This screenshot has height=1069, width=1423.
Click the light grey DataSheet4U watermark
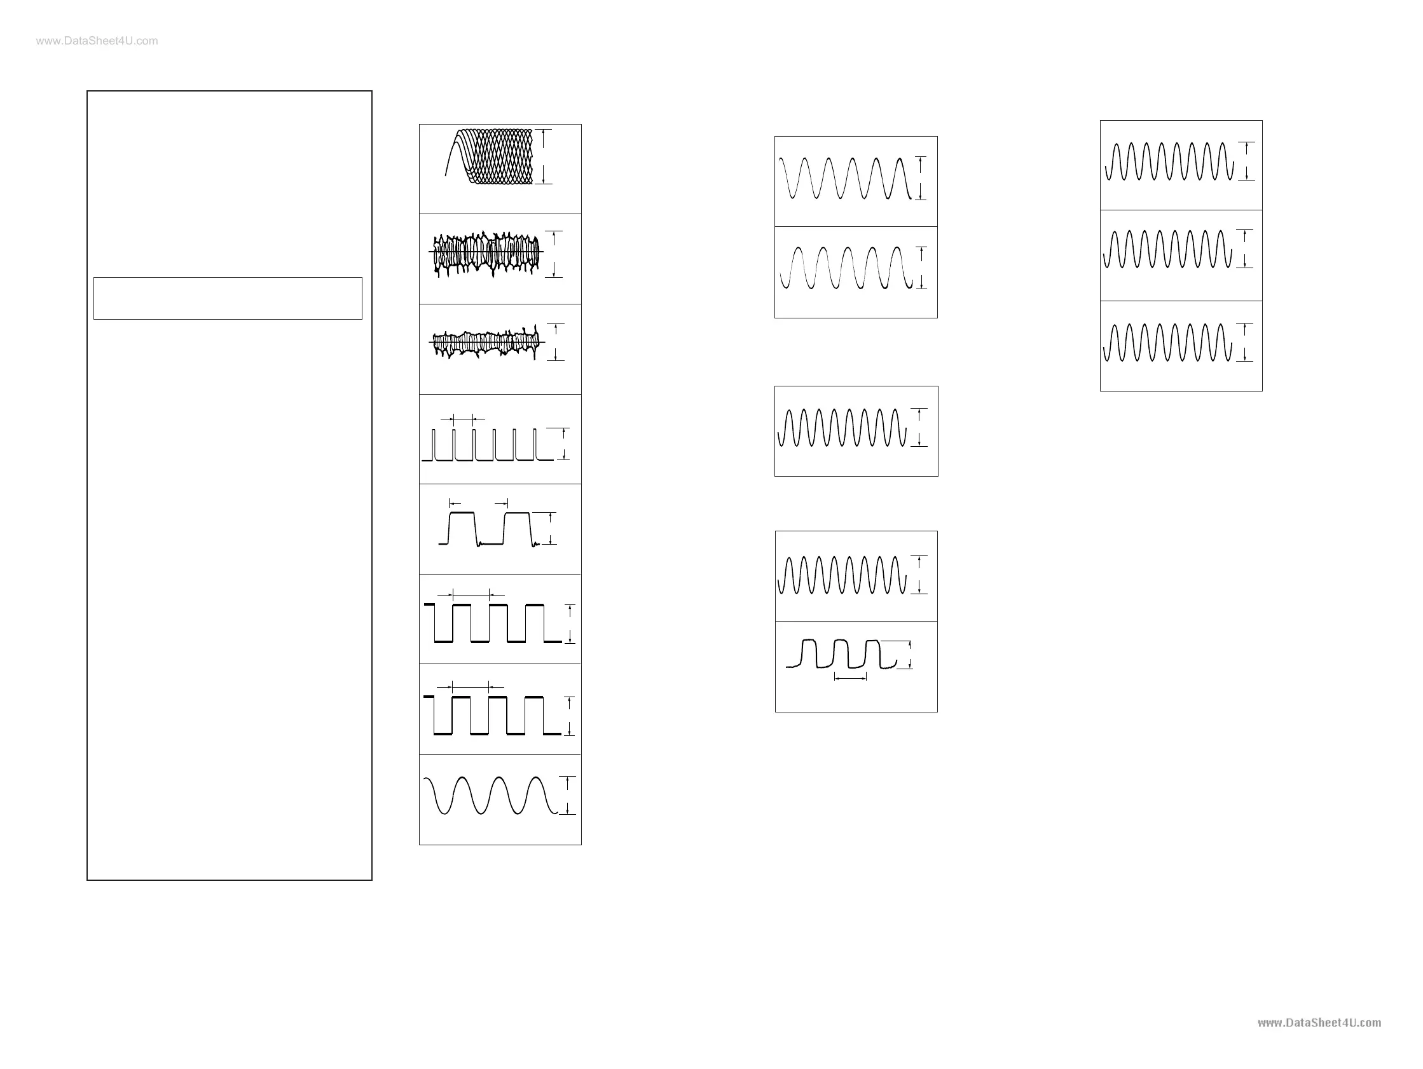click(97, 41)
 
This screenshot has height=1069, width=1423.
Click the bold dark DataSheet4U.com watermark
click(1319, 1023)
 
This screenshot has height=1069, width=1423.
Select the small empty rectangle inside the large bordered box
click(228, 299)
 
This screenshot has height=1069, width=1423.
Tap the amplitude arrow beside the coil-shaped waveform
click(544, 156)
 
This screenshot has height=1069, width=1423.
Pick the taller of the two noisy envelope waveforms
click(486, 254)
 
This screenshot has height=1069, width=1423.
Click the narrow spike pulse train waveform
click(486, 445)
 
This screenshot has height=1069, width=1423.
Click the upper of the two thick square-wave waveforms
click(492, 623)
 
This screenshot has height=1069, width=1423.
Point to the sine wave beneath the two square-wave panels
click(490, 796)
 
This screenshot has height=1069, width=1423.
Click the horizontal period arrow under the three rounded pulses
click(851, 677)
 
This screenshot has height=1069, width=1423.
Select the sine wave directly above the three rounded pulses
click(842, 575)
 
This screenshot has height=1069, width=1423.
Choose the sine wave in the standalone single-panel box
click(842, 428)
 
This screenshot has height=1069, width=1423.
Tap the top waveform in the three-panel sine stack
click(1169, 161)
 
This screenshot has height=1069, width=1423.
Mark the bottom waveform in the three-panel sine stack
click(1167, 343)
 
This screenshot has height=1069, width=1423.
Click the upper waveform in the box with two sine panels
click(844, 179)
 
